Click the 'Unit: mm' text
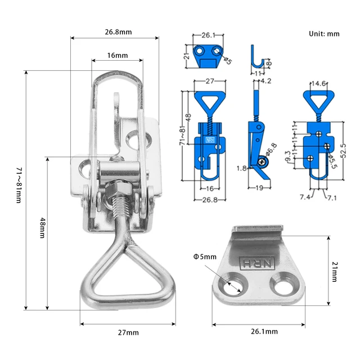click(x=325, y=34)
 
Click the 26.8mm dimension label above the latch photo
click(x=118, y=32)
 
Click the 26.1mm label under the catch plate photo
click(x=264, y=332)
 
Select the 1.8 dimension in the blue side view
click(x=241, y=168)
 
